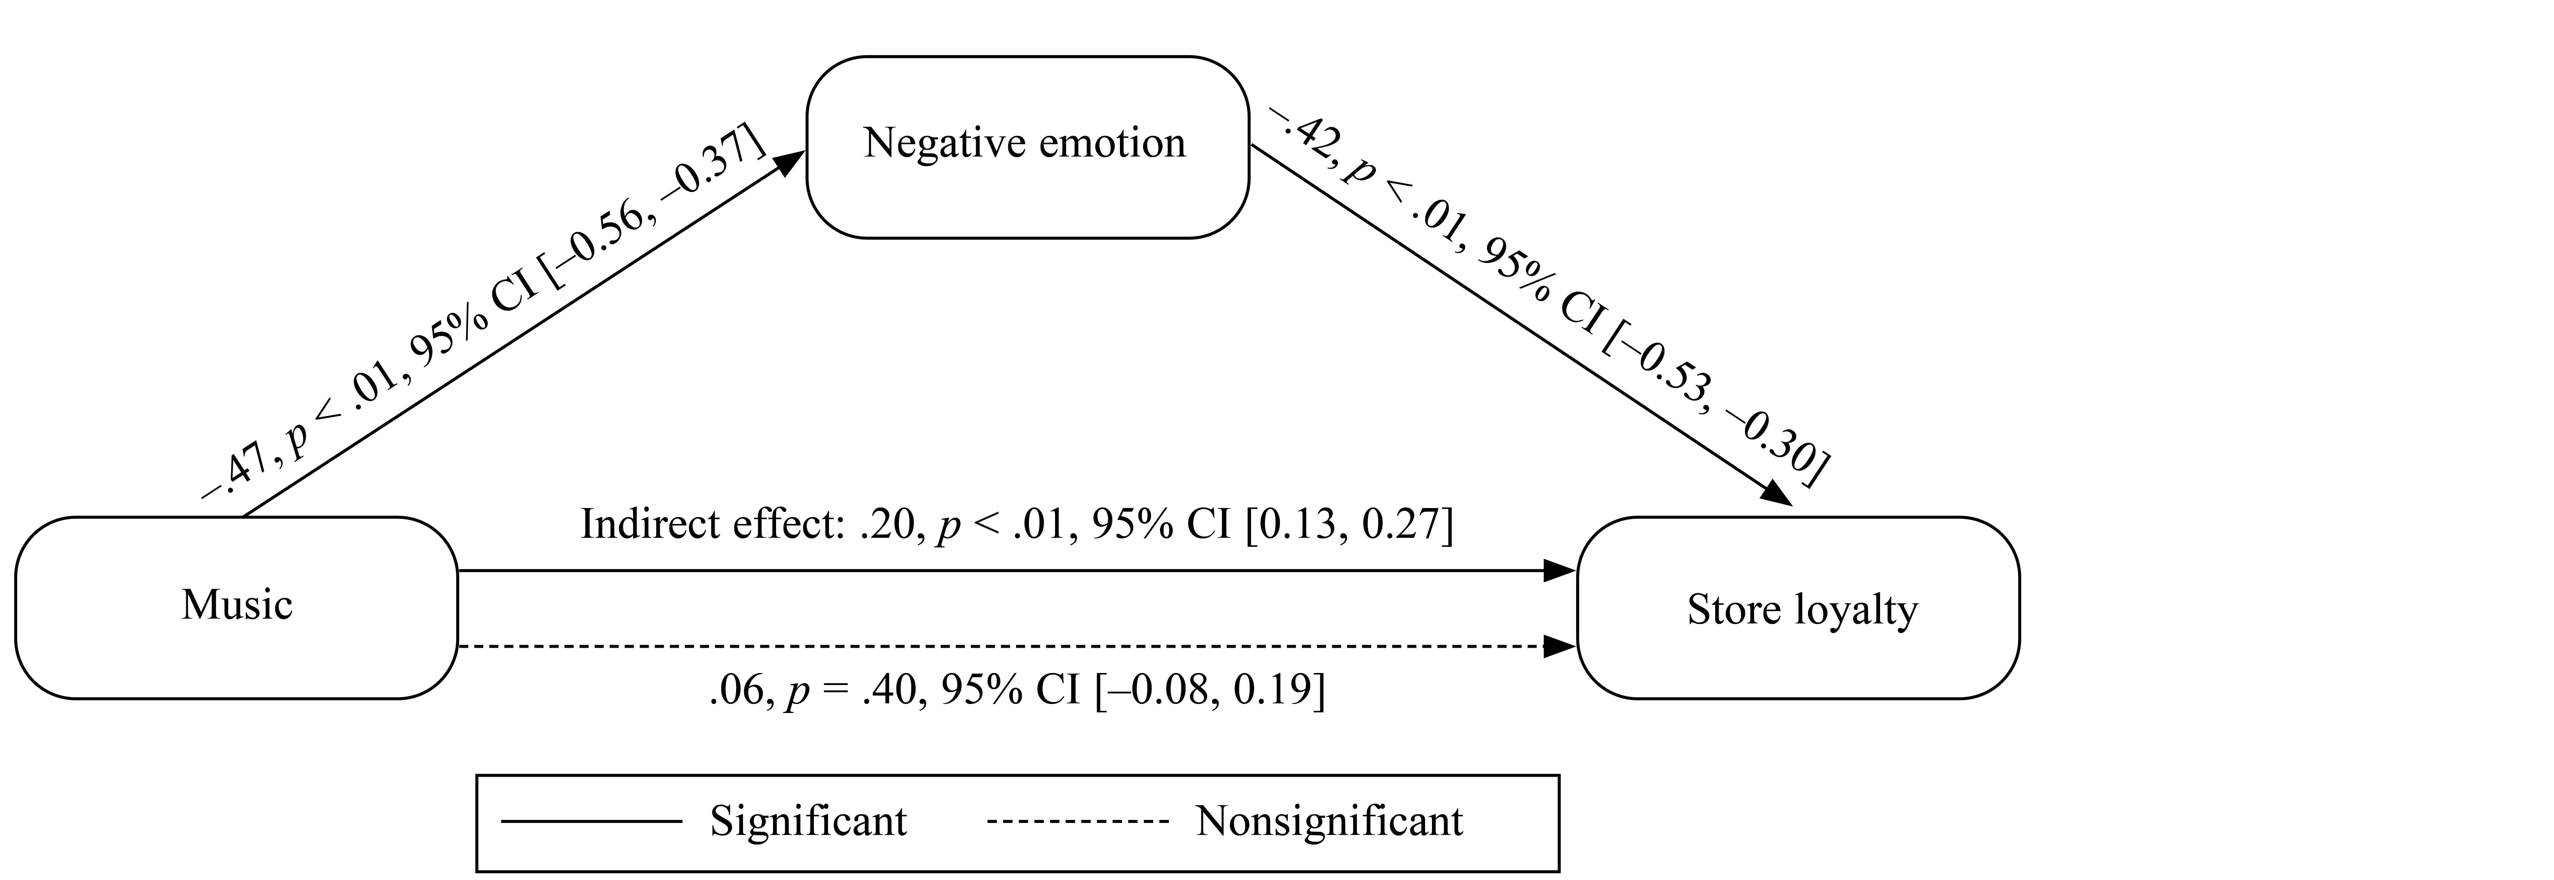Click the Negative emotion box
click(1027, 147)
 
